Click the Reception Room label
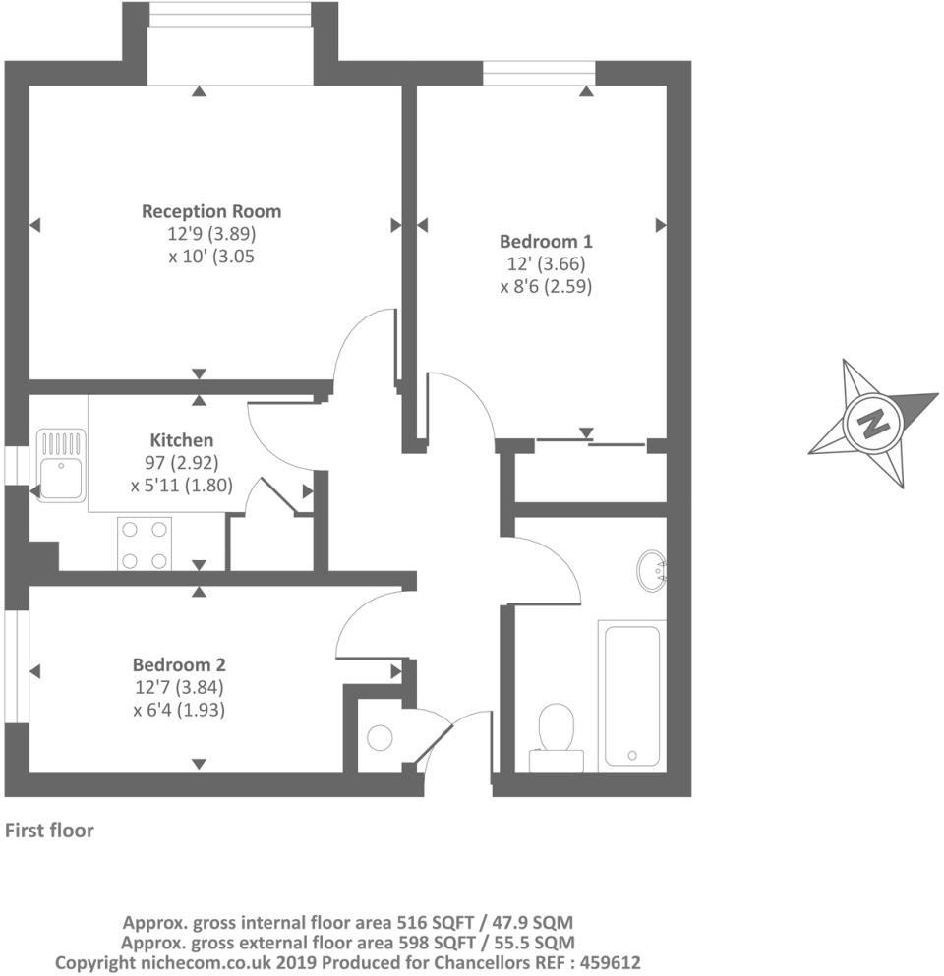pyautogui.click(x=211, y=211)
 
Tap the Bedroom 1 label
pyautogui.click(x=546, y=241)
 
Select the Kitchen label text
pyautogui.click(x=182, y=440)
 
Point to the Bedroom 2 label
pyautogui.click(x=179, y=664)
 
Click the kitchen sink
pyautogui.click(x=61, y=465)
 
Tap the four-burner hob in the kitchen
pyautogui.click(x=145, y=544)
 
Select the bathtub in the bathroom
pyautogui.click(x=632, y=695)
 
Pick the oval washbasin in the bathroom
pyautogui.click(x=652, y=570)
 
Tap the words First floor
pyautogui.click(x=49, y=831)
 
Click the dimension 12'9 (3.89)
pyautogui.click(x=211, y=234)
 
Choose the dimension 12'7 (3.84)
pyautogui.click(x=179, y=687)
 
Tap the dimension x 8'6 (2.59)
pyautogui.click(x=546, y=286)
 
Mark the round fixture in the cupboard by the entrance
pyautogui.click(x=380, y=737)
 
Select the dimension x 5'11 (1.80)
pyautogui.click(x=182, y=486)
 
